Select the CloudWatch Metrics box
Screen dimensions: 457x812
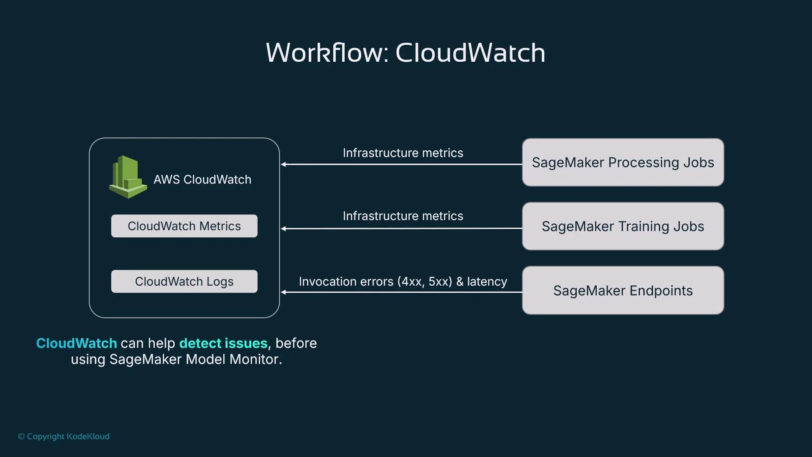184,226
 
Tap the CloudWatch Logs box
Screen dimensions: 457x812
184,281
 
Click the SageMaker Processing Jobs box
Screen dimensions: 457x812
623,162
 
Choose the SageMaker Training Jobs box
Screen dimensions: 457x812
623,226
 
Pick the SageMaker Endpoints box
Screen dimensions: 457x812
623,290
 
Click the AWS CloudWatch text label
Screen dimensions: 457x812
202,179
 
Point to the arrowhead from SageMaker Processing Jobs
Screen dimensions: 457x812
284,164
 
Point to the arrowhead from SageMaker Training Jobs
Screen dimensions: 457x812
284,228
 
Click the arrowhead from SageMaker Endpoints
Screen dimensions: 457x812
284,292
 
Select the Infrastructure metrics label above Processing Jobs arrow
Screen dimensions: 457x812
403,153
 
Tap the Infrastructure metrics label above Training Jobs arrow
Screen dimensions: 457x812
403,216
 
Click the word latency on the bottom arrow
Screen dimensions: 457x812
487,282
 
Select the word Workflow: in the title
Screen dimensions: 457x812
327,53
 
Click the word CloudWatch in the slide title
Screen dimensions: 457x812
470,53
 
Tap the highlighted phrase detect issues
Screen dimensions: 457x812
223,343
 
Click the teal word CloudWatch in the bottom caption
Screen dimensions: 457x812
77,343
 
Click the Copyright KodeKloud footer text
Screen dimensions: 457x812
64,436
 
